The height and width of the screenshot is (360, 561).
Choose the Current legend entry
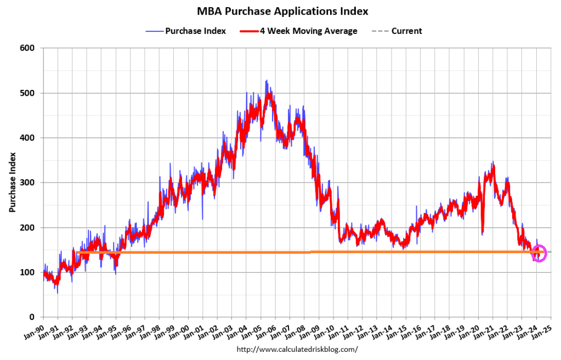pos(406,31)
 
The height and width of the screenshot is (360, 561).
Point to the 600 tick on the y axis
pos(28,48)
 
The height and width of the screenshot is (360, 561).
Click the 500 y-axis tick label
pos(28,93)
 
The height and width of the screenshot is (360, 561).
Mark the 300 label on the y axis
pos(28,182)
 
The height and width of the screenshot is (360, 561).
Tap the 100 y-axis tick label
pos(28,272)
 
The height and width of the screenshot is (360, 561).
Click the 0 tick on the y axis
pos(32,317)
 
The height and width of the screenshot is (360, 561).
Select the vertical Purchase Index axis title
pos(12,182)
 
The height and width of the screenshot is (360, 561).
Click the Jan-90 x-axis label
pos(35,329)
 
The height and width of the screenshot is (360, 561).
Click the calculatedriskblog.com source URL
pos(297,349)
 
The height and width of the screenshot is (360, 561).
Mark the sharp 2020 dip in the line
pos(483,232)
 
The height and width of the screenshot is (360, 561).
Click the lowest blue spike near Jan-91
pos(57,293)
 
